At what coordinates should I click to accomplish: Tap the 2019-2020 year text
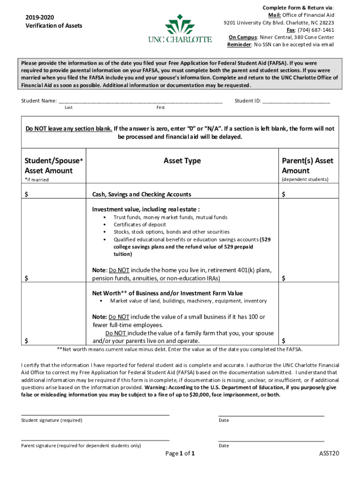pyautogui.click(x=40, y=17)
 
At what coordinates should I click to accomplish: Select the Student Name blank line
pyautogui.click(x=140, y=101)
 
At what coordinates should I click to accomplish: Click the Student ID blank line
pyautogui.click(x=296, y=101)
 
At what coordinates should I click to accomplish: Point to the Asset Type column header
pyautogui.click(x=182, y=161)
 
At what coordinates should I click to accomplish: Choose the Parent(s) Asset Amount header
pyautogui.click(x=307, y=166)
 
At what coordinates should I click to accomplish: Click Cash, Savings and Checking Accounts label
pyautogui.click(x=141, y=195)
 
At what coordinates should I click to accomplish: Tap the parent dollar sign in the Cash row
pyautogui.click(x=283, y=195)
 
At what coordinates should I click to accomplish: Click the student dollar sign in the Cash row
pyautogui.click(x=27, y=195)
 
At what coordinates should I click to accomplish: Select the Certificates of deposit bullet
pyautogui.click(x=139, y=225)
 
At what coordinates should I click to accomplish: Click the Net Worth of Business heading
pyautogui.click(x=167, y=293)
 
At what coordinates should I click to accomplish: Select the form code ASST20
pyautogui.click(x=329, y=454)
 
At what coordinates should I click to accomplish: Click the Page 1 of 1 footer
pyautogui.click(x=180, y=454)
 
